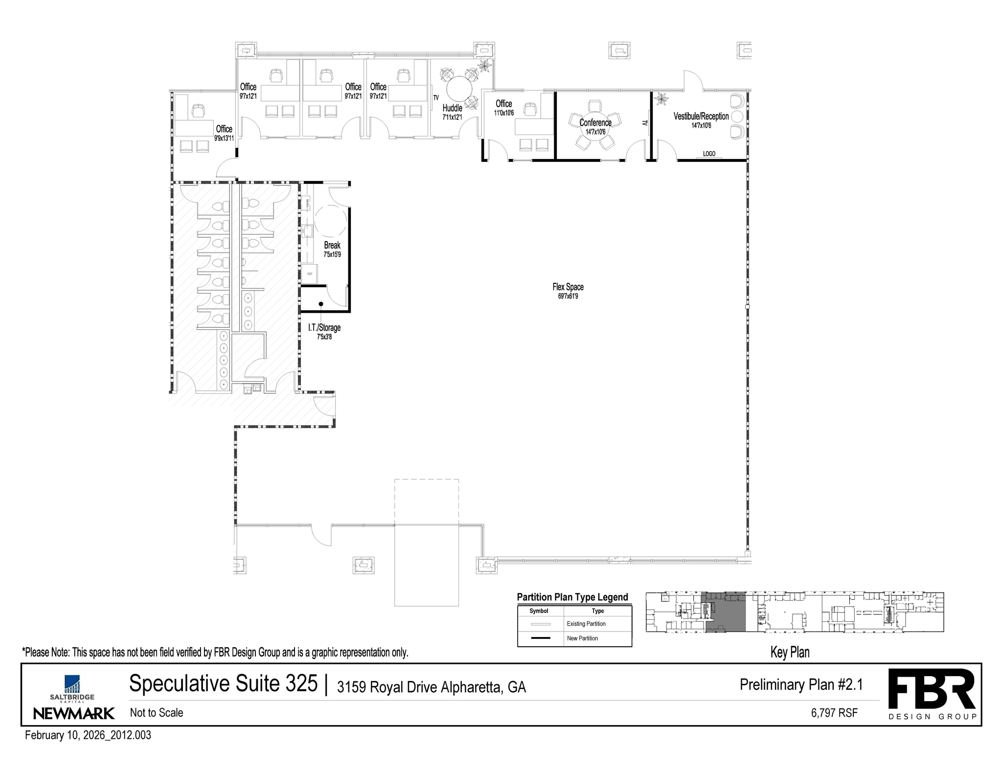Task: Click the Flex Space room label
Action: point(568,287)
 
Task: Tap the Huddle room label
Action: point(452,108)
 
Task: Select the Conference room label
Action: point(595,123)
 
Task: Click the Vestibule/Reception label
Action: point(701,116)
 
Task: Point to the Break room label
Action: point(332,245)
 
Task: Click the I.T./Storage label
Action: point(324,328)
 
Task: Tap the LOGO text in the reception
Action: point(709,154)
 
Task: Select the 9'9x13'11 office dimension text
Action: point(224,138)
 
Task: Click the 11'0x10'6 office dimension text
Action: point(503,113)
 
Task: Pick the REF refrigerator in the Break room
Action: point(310,273)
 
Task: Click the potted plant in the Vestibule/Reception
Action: point(661,99)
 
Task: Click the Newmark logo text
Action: point(74,713)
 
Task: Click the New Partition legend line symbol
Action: point(540,638)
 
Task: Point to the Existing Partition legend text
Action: point(586,624)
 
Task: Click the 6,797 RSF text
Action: point(834,713)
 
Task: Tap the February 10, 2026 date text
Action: point(88,735)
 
